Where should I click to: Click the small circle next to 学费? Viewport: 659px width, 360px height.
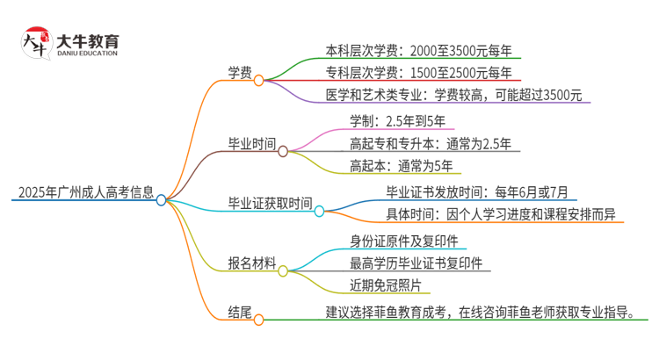coord(259,80)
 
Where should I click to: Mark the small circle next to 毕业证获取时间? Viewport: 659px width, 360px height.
coord(320,211)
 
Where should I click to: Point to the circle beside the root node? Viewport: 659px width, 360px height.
coord(161,200)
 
